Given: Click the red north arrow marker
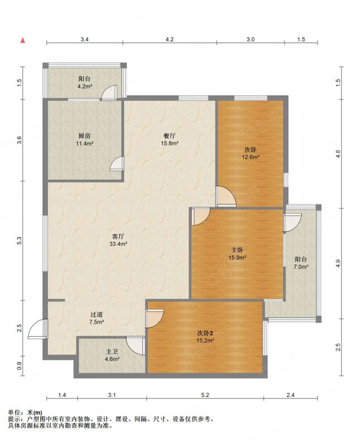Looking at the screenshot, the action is (23, 40).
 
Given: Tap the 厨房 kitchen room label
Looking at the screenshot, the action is (84, 136).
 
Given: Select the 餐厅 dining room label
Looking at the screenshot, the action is (170, 136).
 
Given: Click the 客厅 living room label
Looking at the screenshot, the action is (118, 237).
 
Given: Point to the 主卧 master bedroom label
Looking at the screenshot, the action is (237, 250).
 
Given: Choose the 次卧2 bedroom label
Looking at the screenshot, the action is (205, 334).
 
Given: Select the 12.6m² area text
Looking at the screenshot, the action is (250, 157).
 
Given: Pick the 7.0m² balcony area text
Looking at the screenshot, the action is (301, 267).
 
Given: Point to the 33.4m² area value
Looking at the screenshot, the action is (118, 244).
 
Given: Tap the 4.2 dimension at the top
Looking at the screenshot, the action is (169, 39).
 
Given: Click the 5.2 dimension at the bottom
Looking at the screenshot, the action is (205, 395).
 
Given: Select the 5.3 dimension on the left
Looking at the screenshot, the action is (19, 240).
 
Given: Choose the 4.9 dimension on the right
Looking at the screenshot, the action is (338, 263).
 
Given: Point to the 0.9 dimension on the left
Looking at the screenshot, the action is (19, 367).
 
